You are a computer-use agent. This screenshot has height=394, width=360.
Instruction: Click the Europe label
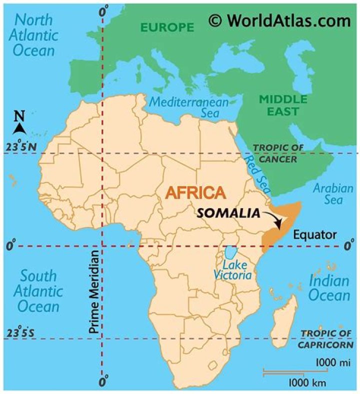pos(167,27)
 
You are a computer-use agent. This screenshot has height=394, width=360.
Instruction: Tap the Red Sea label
pos(256,174)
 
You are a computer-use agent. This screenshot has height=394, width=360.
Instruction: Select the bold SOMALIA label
pos(228,213)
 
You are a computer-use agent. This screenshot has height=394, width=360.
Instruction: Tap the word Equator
pos(314,235)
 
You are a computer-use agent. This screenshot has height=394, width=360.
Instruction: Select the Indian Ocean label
pos(328,287)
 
